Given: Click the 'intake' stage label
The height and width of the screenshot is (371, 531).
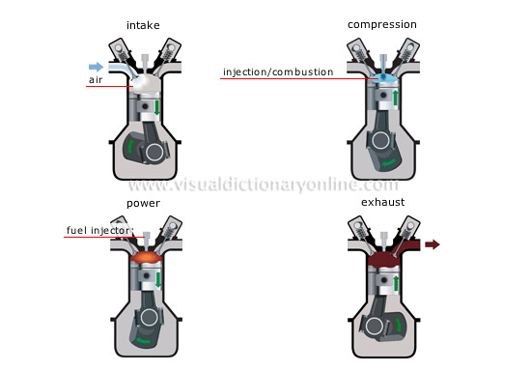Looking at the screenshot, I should (x=143, y=24).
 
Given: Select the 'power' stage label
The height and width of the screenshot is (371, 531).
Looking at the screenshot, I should (x=143, y=204).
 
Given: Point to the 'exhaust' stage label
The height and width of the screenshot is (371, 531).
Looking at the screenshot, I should (x=384, y=204).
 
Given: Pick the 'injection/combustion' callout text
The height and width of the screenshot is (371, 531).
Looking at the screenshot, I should (x=278, y=72).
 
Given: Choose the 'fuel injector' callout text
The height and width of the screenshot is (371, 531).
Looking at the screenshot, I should (x=98, y=231).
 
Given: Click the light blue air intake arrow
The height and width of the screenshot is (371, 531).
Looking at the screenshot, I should (x=95, y=66).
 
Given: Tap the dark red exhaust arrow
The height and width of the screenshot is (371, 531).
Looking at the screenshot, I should (x=432, y=245).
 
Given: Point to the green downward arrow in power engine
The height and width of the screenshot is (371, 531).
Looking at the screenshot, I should (x=158, y=282).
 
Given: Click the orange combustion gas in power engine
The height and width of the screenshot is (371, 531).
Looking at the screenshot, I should (x=143, y=260).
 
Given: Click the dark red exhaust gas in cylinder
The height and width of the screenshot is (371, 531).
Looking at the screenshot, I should (x=384, y=257).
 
